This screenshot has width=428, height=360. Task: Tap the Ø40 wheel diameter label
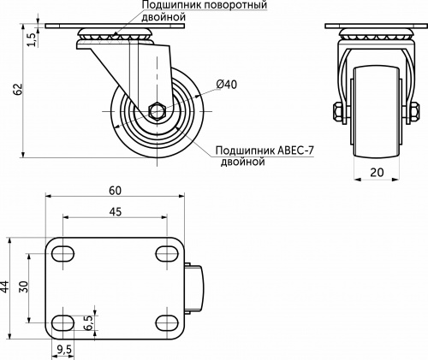[x=226, y=84]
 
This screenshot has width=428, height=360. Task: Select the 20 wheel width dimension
[x=377, y=171]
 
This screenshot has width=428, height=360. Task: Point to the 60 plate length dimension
[x=115, y=190]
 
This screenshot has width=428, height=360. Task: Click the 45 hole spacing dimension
[x=114, y=211]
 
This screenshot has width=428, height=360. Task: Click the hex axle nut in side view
[x=157, y=109]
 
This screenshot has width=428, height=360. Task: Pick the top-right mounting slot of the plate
[x=166, y=253]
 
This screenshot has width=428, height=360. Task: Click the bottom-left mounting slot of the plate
[x=62, y=322]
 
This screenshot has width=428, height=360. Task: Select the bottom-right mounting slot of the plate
[x=166, y=322]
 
